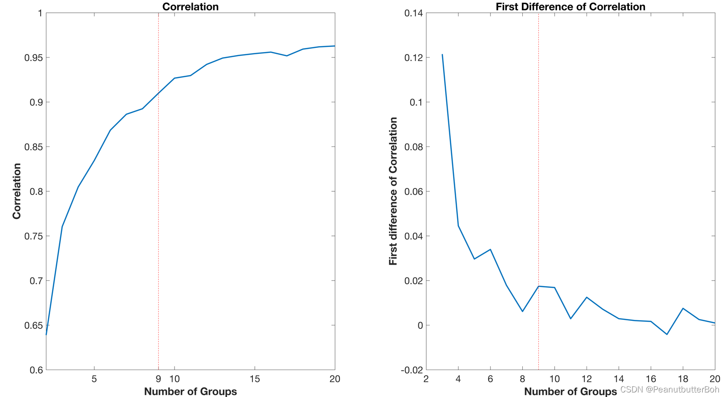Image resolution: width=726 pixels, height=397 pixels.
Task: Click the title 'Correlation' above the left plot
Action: (191, 6)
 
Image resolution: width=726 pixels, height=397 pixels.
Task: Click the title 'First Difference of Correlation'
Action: (570, 6)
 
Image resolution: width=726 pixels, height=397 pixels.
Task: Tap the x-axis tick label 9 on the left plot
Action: (158, 379)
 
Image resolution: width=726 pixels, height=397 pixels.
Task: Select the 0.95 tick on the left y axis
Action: (33, 57)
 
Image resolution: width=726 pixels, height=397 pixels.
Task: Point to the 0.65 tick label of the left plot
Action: (33, 325)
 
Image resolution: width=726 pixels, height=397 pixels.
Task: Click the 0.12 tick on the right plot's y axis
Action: (413, 57)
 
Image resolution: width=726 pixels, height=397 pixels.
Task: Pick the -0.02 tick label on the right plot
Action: (412, 370)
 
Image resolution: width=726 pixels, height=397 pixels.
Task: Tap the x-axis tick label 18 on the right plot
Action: (683, 379)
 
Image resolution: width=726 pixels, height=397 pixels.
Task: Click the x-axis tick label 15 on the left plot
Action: (254, 379)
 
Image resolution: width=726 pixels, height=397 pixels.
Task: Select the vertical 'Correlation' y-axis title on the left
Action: (17, 191)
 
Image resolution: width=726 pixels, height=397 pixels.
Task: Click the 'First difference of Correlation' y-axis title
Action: (393, 191)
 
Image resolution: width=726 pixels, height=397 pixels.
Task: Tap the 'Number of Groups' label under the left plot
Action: (191, 392)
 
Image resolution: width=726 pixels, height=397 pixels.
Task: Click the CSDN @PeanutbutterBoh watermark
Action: (669, 389)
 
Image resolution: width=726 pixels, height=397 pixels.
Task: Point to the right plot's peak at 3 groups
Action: (442, 55)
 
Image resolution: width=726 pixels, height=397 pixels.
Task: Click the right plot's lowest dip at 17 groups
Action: (667, 334)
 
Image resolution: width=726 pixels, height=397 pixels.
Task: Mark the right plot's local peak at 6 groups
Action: (490, 250)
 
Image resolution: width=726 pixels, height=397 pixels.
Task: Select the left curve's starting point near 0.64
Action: (46, 334)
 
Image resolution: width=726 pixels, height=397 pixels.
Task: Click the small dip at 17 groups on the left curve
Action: (287, 56)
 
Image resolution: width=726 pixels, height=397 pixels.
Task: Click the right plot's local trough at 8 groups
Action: (522, 311)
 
